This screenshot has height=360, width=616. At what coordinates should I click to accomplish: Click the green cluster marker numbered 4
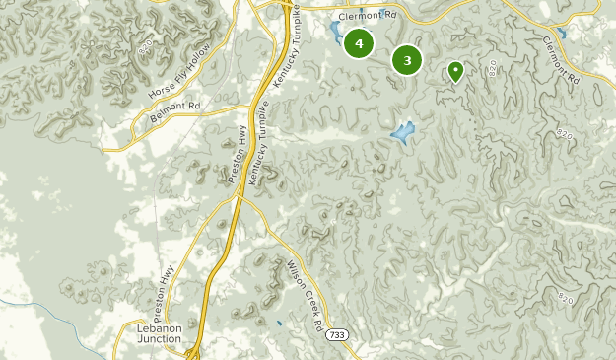[359, 43]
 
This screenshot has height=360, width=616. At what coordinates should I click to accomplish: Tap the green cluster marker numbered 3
[407, 60]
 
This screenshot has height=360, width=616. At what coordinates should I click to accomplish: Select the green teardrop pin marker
[455, 71]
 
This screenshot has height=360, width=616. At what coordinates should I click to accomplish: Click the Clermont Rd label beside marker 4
[366, 16]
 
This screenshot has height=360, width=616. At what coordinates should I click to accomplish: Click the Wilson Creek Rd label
[305, 294]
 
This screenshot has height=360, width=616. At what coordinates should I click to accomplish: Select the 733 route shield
[338, 337]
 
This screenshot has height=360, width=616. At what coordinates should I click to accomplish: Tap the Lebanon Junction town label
[161, 332]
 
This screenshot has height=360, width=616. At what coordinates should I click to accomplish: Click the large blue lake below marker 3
[402, 132]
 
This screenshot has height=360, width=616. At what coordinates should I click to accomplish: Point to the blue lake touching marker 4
[337, 36]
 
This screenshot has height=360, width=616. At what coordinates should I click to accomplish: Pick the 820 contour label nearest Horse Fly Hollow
[147, 48]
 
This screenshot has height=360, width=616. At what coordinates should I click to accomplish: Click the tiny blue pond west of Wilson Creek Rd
[279, 324]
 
